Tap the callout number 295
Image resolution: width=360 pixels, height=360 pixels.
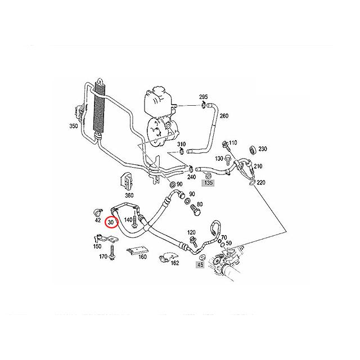(x=203, y=97)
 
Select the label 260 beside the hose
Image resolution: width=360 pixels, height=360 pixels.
(x=224, y=116)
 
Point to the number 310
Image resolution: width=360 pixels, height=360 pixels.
(x=181, y=145)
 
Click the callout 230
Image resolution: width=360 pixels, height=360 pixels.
(x=263, y=149)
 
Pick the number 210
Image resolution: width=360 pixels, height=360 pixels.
(x=258, y=166)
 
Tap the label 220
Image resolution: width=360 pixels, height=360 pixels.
(x=261, y=183)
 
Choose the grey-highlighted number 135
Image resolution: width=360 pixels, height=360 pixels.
(x=209, y=183)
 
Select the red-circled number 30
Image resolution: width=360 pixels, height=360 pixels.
(x=111, y=222)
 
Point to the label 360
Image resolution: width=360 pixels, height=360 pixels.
(x=129, y=196)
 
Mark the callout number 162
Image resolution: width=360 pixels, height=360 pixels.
(x=175, y=262)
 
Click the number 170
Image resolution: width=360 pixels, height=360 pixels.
(x=103, y=257)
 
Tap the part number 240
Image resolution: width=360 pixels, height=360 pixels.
(x=192, y=177)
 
